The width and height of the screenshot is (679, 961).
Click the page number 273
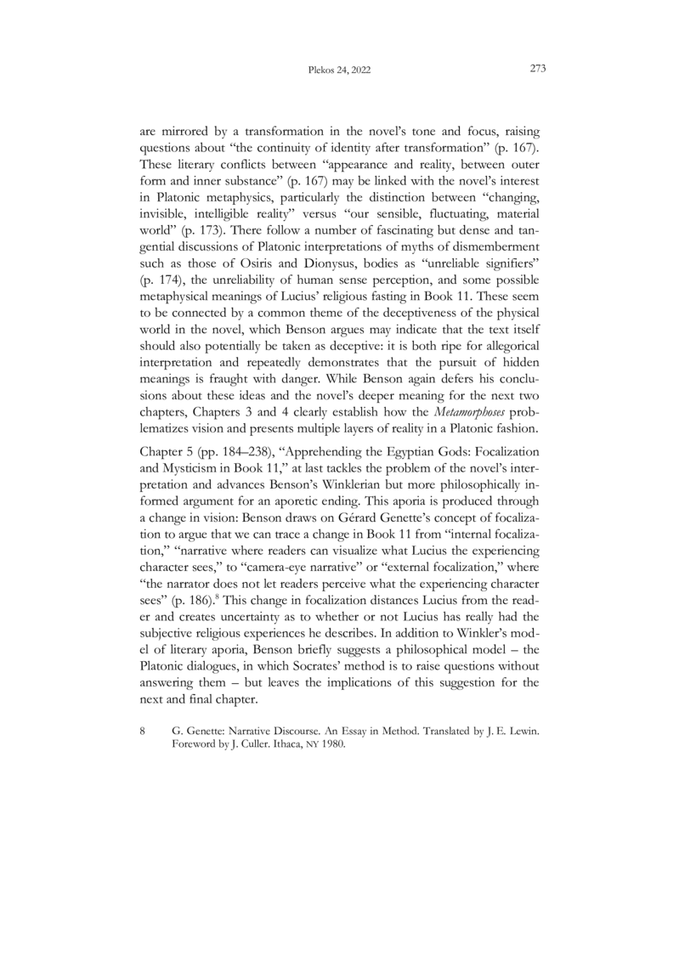coord(536,70)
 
